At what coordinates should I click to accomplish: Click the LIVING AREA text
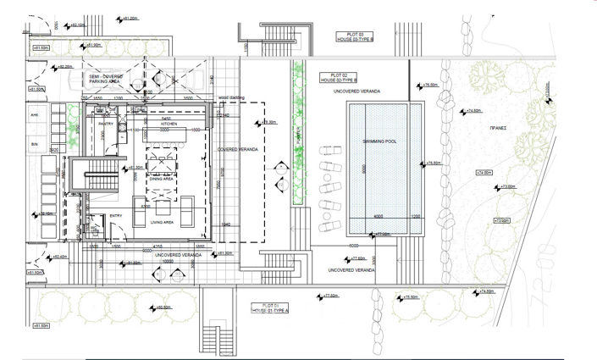coord(162,222)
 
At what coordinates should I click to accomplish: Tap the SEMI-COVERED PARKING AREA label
coord(107,79)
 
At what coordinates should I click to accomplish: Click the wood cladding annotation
coord(231,98)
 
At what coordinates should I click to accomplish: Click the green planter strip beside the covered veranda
coord(296,136)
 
